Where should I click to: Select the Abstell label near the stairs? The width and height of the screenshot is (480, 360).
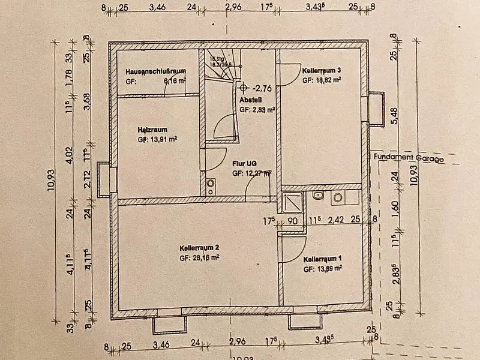(x=248, y=100)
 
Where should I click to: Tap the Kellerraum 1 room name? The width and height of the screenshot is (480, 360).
(x=323, y=259)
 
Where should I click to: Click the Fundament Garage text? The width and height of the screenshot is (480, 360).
(x=409, y=159)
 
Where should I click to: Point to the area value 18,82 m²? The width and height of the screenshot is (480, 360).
(x=329, y=79)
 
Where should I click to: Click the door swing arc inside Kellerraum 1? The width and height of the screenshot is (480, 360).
(x=293, y=248)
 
